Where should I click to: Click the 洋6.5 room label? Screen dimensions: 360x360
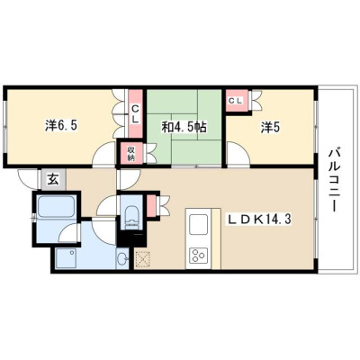[x=61, y=126]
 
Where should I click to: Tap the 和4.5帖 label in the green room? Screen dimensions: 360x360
[x=184, y=128]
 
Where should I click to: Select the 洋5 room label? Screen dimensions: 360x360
[x=270, y=128]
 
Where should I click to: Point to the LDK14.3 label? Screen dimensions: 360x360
[x=258, y=220]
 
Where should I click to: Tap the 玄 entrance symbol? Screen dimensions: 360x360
[x=52, y=180]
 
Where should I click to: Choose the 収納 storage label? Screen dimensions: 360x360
[x=130, y=153]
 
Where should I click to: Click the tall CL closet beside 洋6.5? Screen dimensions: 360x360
[x=135, y=113]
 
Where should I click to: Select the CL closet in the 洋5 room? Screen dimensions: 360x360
[x=235, y=101]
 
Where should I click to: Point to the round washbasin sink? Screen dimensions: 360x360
[x=122, y=258]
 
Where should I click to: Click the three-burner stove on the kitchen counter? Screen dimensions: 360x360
[x=198, y=255]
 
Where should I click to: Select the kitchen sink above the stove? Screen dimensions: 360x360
[x=198, y=224]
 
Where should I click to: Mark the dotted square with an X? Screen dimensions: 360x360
[x=142, y=259]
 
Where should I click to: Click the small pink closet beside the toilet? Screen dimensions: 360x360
[x=151, y=205]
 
